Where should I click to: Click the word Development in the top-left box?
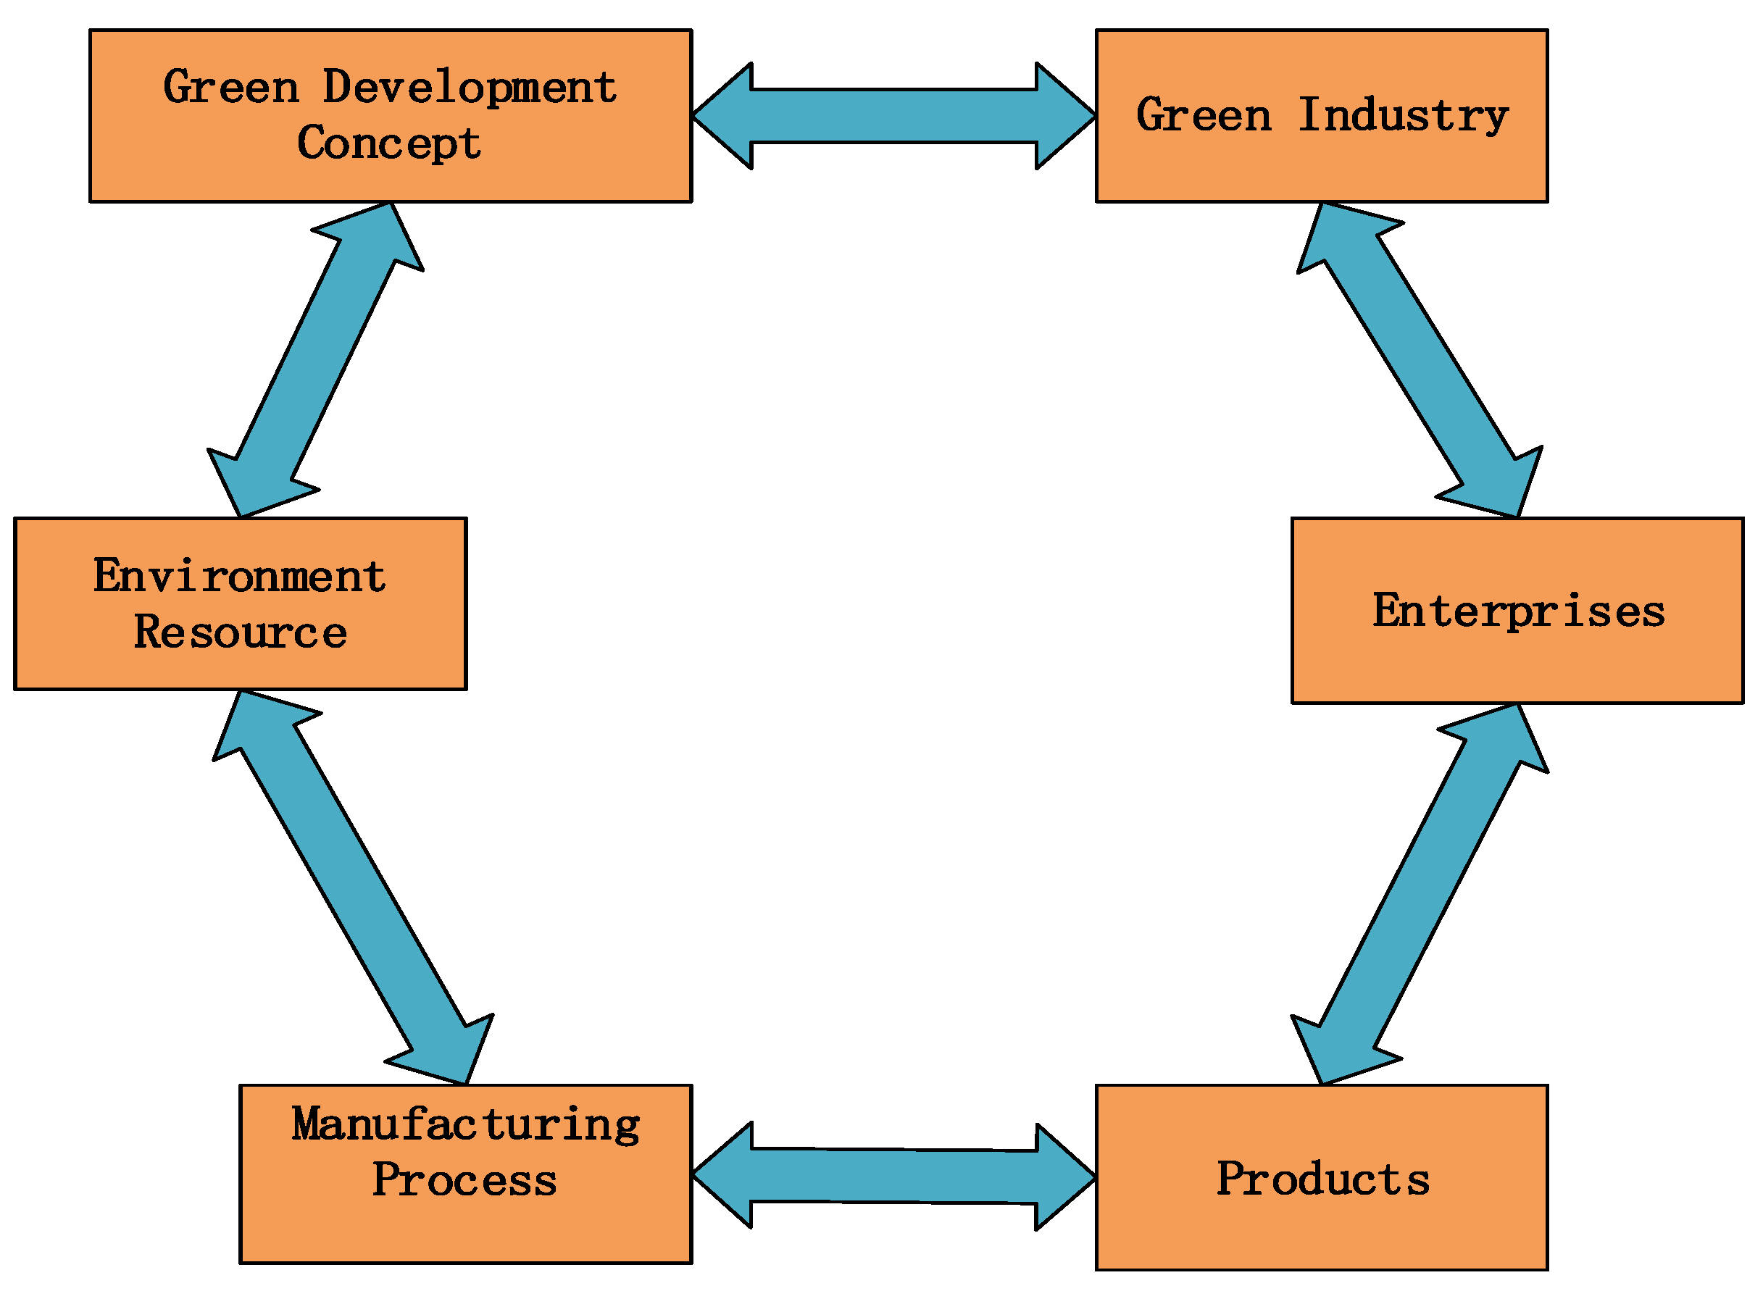click(x=470, y=88)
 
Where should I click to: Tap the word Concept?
click(x=388, y=143)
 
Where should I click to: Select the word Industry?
click(x=1403, y=116)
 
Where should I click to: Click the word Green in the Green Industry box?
click(x=1204, y=116)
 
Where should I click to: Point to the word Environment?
click(x=239, y=577)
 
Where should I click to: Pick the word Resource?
click(x=240, y=632)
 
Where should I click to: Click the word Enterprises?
click(x=1518, y=611)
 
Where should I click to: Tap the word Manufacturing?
click(x=466, y=1125)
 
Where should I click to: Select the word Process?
click(x=464, y=1181)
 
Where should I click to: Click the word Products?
click(x=1323, y=1180)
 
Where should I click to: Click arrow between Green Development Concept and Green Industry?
click(x=894, y=116)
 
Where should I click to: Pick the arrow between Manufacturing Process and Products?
click(x=894, y=1176)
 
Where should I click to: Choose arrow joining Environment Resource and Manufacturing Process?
click(x=353, y=887)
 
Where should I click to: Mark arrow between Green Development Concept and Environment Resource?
click(x=316, y=359)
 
